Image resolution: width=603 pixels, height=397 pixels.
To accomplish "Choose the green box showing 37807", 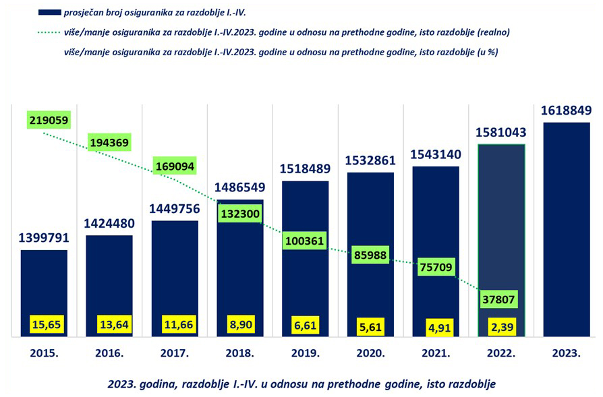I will (x=500, y=297).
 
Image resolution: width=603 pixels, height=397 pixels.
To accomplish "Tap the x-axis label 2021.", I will (x=436, y=353).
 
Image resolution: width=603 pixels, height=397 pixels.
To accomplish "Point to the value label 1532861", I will (x=370, y=160).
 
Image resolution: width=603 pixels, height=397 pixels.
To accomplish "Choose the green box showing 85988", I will (x=371, y=255).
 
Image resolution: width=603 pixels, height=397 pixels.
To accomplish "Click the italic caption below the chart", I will (x=301, y=384).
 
